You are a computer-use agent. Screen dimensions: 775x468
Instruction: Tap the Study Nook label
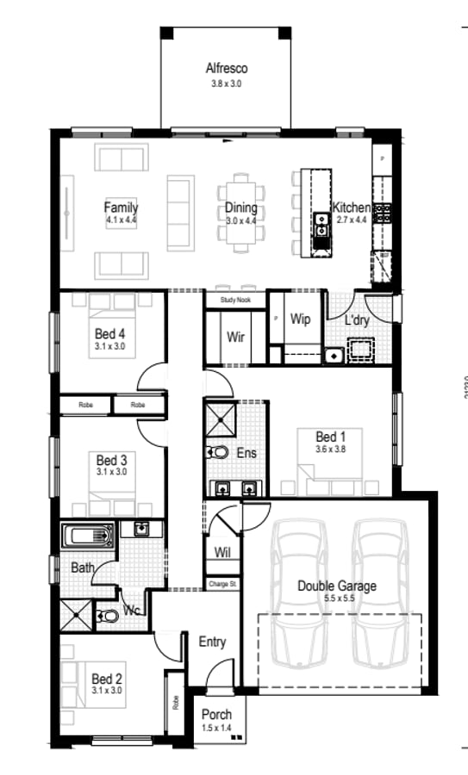tap(234, 301)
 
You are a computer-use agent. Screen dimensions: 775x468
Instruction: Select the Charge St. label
tap(222, 585)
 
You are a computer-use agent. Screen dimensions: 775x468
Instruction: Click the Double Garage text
tap(336, 586)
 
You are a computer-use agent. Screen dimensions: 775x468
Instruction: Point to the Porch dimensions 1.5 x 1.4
tap(216, 728)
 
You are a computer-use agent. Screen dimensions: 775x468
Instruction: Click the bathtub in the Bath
tap(87, 536)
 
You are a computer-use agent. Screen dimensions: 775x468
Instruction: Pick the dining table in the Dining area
tap(242, 213)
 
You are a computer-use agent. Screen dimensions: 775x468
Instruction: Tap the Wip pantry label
tap(300, 319)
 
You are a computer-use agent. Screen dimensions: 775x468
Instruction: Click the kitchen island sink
tap(321, 227)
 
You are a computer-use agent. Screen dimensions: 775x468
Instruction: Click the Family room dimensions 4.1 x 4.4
tap(121, 220)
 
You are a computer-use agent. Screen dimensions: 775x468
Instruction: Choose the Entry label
tap(212, 642)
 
